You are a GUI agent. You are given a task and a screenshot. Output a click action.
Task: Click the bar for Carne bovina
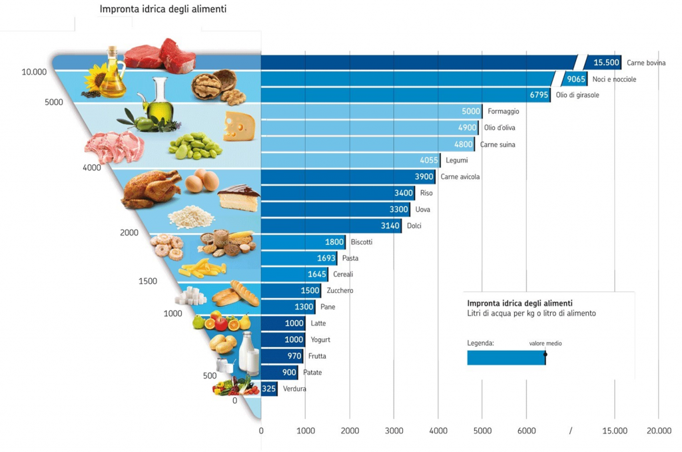pyautogui.click(x=420, y=63)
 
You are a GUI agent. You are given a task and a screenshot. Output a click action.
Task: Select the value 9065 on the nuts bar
pyautogui.click(x=576, y=79)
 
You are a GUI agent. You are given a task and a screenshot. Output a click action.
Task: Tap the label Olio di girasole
pyautogui.click(x=577, y=95)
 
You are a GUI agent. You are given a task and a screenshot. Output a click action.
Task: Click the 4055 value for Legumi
pyautogui.click(x=429, y=160)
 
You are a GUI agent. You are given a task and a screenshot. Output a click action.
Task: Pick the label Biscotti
pyautogui.click(x=362, y=242)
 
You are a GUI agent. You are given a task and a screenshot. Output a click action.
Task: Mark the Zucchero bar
pyautogui.click(x=290, y=291)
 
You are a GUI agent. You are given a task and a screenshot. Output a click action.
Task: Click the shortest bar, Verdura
pyautogui.click(x=268, y=389)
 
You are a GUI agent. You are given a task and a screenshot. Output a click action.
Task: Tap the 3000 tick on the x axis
pyautogui.click(x=394, y=431)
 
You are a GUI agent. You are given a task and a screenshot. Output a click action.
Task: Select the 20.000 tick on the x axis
pyautogui.click(x=658, y=431)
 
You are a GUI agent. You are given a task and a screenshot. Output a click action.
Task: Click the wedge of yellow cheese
pyautogui.click(x=239, y=126)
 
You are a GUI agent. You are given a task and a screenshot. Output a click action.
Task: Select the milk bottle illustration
pyautogui.click(x=250, y=352)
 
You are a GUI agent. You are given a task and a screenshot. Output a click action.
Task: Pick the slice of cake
pyautogui.click(x=238, y=198)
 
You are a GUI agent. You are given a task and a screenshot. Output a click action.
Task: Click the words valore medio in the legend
pyautogui.click(x=545, y=343)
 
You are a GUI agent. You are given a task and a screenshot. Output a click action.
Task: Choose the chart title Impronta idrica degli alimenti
pyautogui.click(x=163, y=9)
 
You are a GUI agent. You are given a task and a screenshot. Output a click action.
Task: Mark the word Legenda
pyautogui.click(x=480, y=343)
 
